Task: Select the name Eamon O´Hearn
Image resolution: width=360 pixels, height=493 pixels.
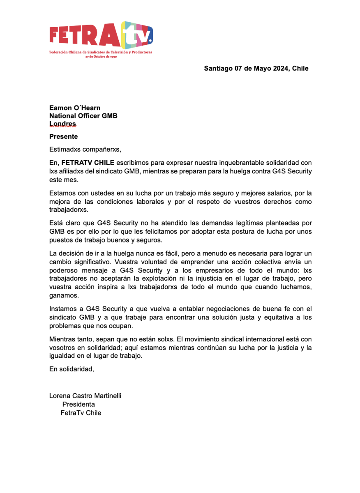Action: point(75,108)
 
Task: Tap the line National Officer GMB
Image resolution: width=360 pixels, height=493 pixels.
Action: point(83,116)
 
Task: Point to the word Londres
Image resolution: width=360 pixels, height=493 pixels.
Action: point(63,124)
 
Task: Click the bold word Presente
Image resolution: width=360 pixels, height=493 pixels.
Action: point(63,136)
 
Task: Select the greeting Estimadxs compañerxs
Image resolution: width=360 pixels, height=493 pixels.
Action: point(85,149)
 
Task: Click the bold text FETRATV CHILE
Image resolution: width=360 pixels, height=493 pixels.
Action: point(88,162)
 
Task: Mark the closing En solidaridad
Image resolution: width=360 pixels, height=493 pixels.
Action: point(72,369)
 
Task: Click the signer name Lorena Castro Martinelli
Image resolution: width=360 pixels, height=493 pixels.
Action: point(85,396)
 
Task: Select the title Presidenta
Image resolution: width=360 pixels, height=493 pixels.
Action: point(78,404)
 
